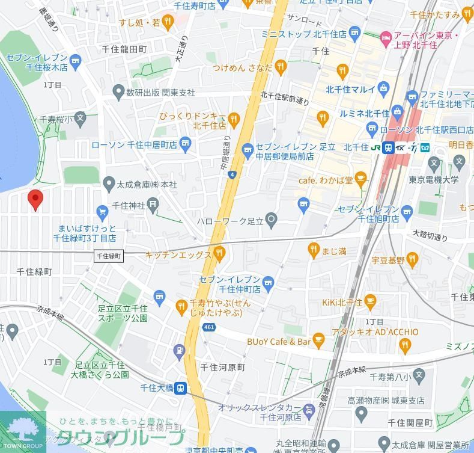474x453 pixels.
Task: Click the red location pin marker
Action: (x=35, y=199)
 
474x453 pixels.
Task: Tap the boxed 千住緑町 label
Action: (x=109, y=256)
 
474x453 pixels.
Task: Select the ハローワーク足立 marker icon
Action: (x=272, y=221)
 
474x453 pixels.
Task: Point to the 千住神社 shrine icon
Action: (x=154, y=205)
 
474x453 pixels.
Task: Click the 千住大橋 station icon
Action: (x=180, y=388)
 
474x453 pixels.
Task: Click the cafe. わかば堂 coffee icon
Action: (x=360, y=179)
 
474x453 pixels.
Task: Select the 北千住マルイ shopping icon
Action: (x=383, y=90)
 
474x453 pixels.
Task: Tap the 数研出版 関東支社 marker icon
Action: (x=118, y=92)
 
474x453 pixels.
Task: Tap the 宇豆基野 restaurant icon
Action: (x=412, y=260)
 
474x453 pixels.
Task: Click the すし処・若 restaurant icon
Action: (x=169, y=22)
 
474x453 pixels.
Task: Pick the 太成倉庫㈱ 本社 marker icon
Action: (x=109, y=183)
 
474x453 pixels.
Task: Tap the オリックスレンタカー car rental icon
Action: (x=309, y=411)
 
